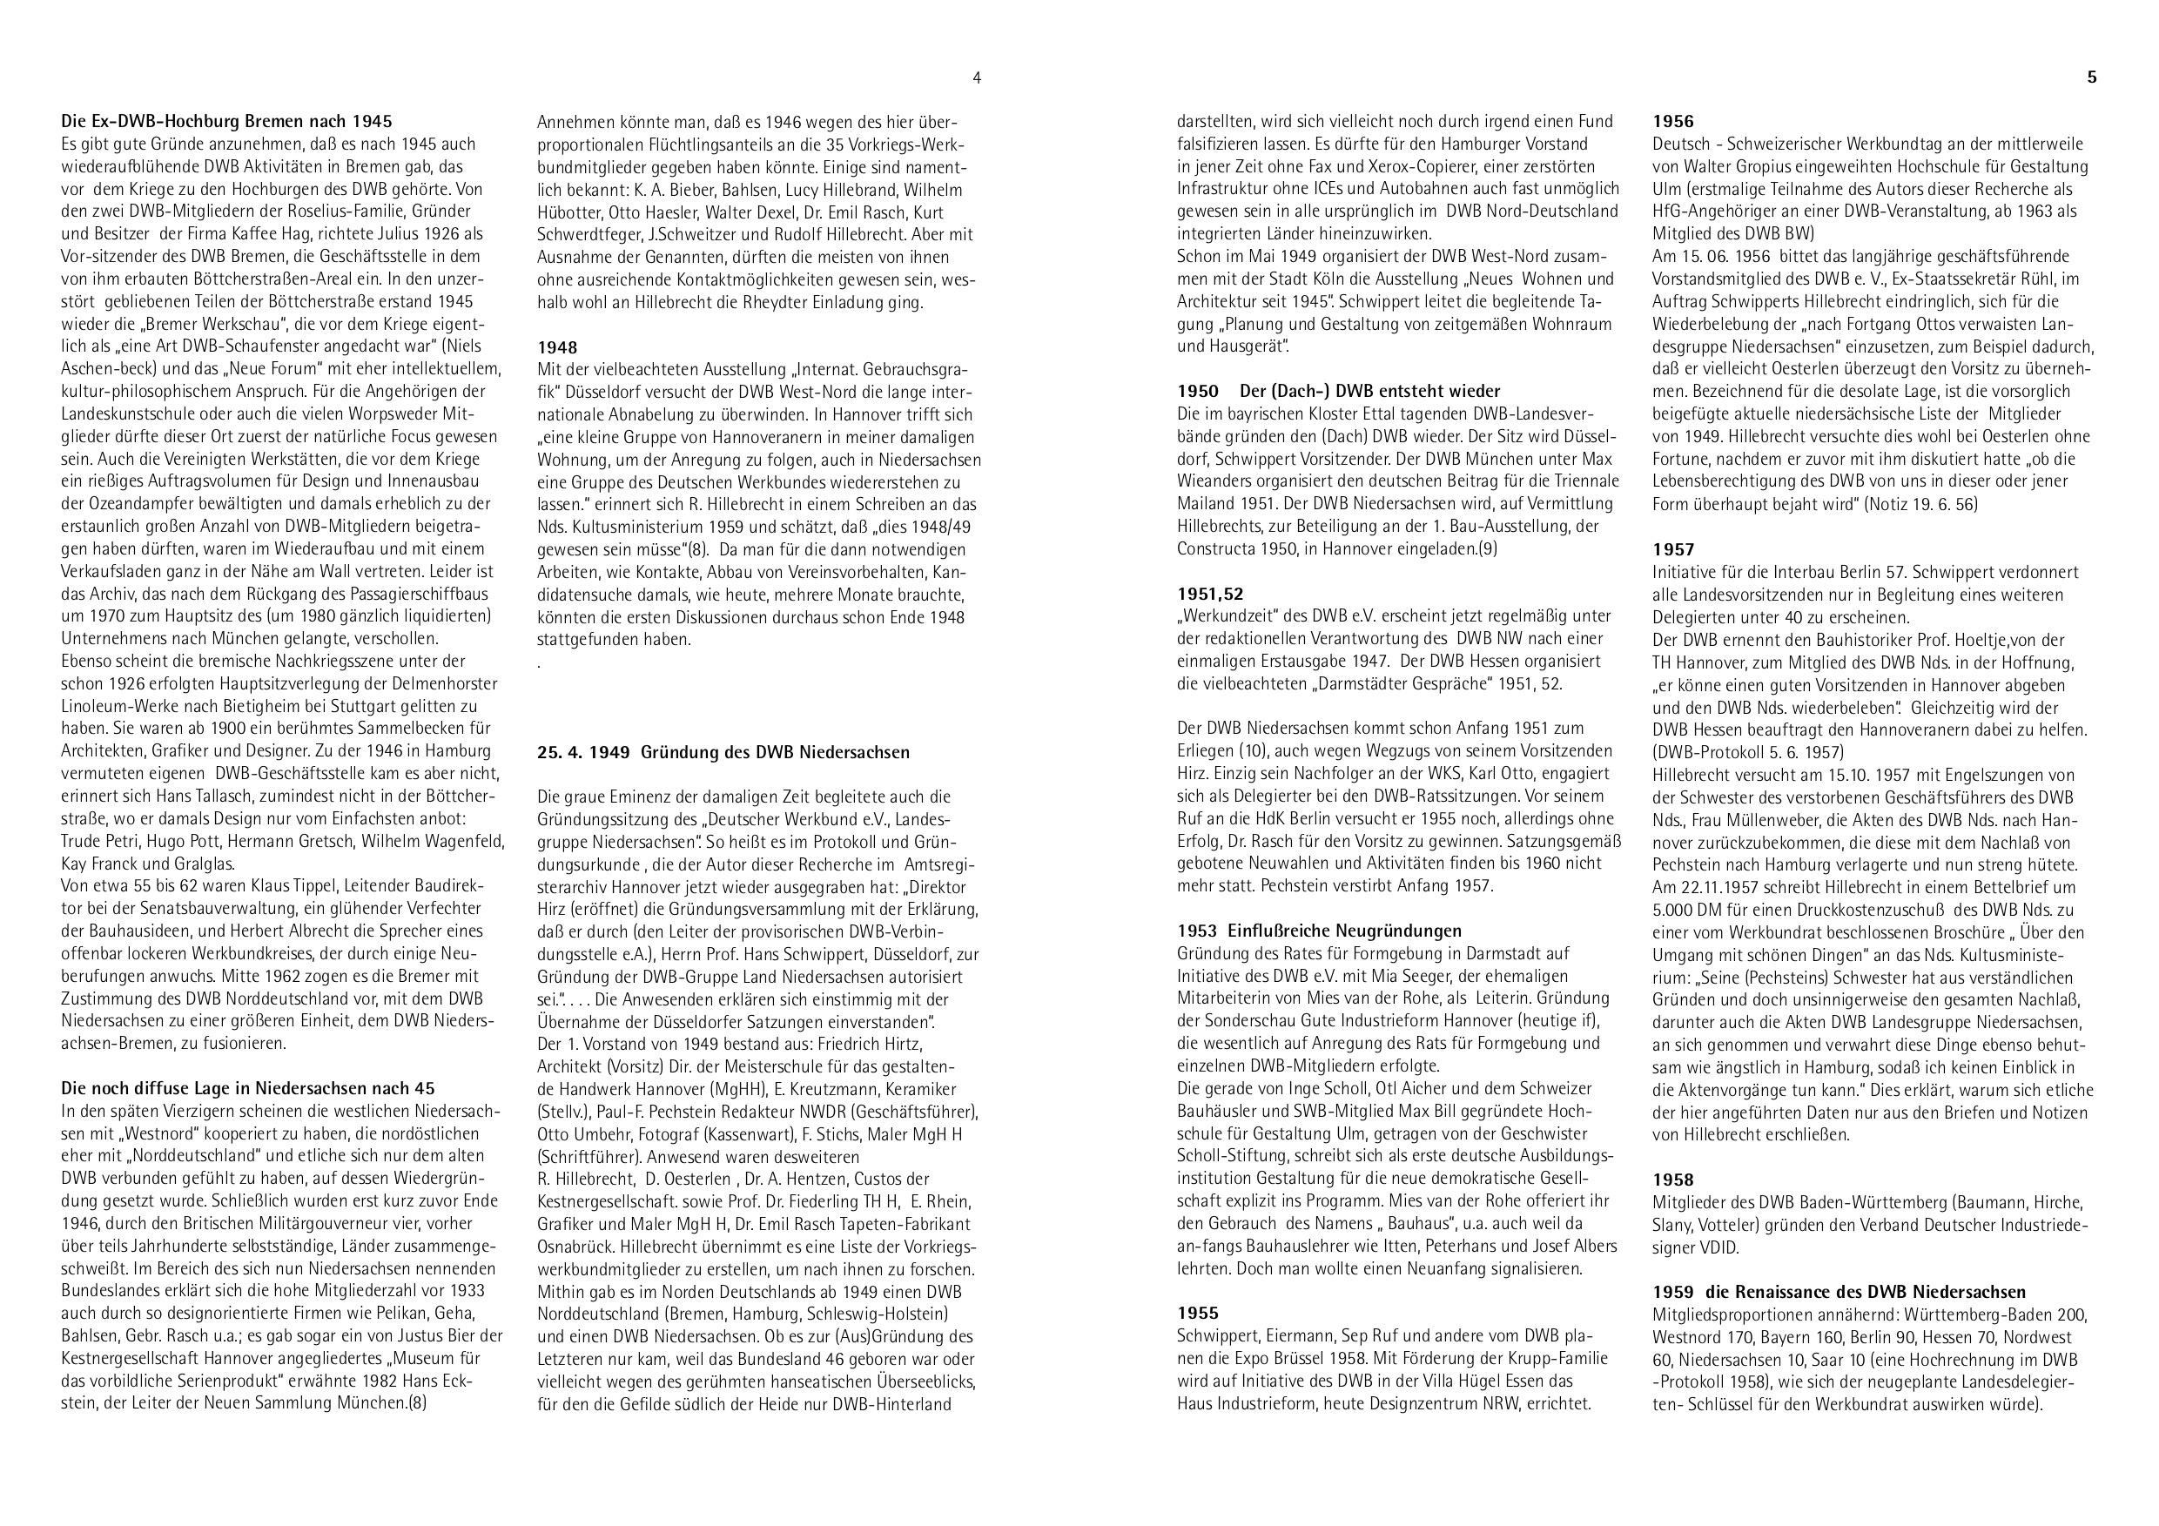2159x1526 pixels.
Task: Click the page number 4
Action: point(977,78)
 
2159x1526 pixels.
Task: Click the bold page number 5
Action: point(2091,78)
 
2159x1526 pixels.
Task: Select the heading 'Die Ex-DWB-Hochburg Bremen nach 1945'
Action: point(226,121)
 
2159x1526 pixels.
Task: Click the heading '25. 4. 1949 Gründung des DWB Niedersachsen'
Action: point(723,752)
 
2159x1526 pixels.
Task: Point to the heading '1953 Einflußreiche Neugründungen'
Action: point(1319,931)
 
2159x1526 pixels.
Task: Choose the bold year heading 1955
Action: point(1197,1314)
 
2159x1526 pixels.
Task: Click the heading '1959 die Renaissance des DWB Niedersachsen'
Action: point(1840,1292)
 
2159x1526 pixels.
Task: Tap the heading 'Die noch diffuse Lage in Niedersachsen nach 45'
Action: point(248,1089)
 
